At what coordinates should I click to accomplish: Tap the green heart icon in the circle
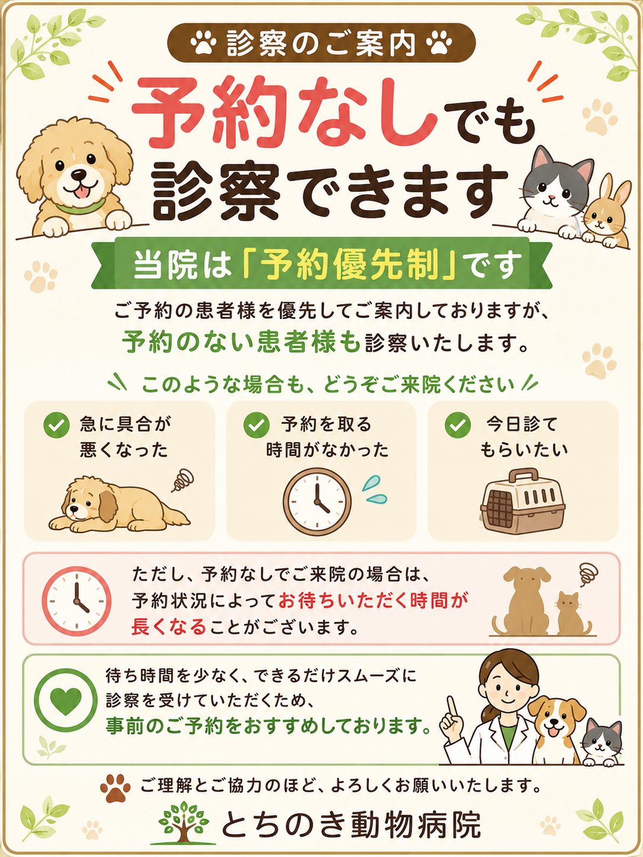(66, 701)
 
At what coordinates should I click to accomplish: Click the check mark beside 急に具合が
(57, 425)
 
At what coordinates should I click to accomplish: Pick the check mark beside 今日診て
(458, 425)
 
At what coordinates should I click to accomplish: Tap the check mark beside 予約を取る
(256, 425)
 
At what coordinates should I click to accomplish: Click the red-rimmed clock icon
(76, 601)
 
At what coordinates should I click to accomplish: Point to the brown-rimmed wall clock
(317, 501)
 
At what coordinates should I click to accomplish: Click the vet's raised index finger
(452, 707)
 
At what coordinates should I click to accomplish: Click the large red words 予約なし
(285, 112)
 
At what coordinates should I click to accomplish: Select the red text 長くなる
(169, 627)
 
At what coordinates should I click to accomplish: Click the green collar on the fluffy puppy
(81, 206)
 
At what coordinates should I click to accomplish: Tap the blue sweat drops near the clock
(375, 489)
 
